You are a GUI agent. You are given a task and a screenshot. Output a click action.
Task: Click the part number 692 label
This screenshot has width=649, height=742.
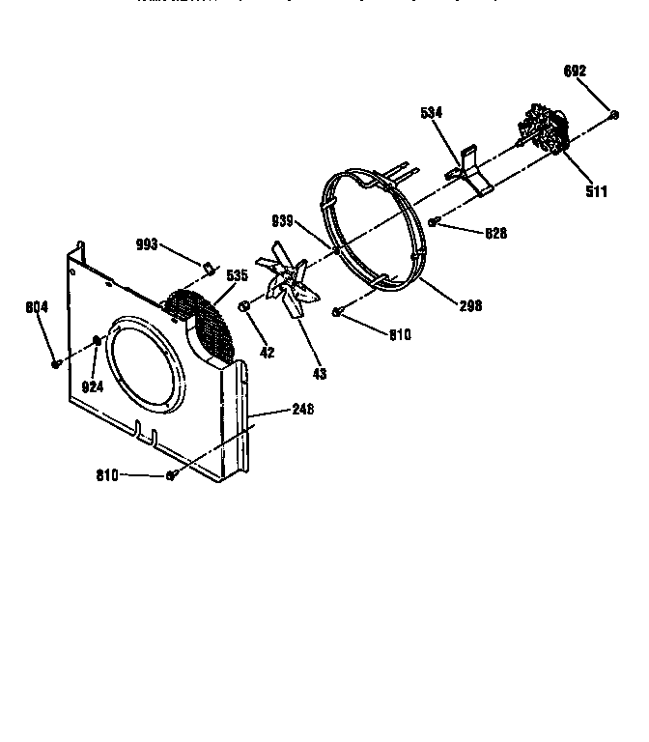(576, 71)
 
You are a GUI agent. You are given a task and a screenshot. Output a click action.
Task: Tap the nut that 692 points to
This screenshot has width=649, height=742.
(614, 116)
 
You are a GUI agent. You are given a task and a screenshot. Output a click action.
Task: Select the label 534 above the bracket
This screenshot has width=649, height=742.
(431, 113)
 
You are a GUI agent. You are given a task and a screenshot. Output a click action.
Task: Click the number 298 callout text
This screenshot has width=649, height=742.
(470, 306)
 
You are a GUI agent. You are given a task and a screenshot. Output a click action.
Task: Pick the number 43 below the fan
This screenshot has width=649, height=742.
(319, 373)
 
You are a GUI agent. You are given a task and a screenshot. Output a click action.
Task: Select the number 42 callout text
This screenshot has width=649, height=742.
(268, 354)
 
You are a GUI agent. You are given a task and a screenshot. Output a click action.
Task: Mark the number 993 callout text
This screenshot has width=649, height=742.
(148, 244)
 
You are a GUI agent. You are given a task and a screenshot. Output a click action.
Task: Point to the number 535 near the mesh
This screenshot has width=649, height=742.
(238, 275)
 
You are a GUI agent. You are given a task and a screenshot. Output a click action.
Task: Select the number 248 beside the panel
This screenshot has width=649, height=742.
(301, 410)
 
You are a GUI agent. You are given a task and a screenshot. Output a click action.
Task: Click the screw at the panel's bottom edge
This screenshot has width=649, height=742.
(171, 474)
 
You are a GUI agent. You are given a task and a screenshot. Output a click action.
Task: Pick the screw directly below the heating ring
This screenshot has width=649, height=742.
(337, 311)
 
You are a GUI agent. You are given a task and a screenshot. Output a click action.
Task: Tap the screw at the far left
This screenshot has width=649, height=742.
(56, 363)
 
